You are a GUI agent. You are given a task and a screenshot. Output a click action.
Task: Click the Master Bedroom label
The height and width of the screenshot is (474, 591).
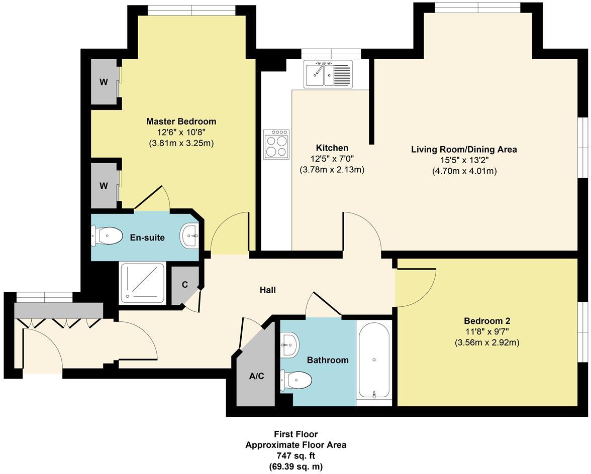click(181, 122)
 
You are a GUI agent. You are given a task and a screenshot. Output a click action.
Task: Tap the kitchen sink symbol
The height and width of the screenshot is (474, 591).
click(328, 74)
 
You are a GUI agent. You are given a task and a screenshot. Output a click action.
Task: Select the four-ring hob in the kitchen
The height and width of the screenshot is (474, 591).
click(276, 144)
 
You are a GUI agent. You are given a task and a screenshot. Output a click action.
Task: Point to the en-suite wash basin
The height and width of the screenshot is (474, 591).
click(190, 235)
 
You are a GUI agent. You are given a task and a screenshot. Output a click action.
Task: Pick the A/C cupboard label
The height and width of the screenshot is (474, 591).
click(257, 376)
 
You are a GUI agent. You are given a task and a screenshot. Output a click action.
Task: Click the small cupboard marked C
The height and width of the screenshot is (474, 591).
click(184, 285)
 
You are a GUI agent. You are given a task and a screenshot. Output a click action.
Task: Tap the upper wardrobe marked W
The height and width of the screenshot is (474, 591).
click(104, 82)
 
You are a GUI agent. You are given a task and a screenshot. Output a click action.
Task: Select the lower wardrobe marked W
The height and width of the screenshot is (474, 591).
click(104, 186)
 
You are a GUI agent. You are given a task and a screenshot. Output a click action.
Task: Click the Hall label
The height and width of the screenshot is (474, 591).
click(267, 290)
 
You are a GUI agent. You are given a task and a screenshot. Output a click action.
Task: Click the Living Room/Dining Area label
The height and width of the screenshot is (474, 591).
click(464, 150)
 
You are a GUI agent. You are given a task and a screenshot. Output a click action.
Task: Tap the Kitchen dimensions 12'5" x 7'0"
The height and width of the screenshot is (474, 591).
click(332, 159)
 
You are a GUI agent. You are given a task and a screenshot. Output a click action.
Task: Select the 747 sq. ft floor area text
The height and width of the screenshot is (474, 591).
click(295, 456)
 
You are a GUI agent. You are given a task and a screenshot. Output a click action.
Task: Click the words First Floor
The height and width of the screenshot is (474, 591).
click(295, 434)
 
